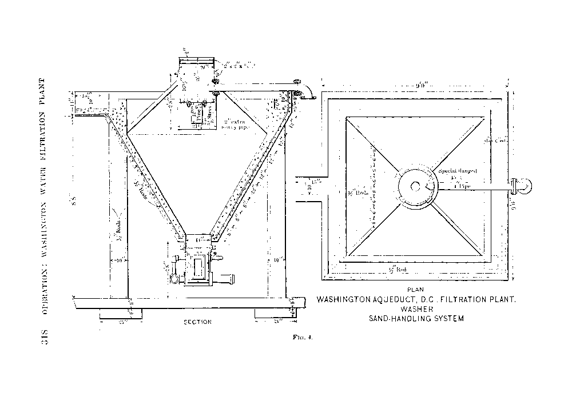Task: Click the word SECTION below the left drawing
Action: [x=197, y=322]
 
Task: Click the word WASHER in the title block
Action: [x=416, y=309]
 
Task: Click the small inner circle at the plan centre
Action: [x=416, y=186]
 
